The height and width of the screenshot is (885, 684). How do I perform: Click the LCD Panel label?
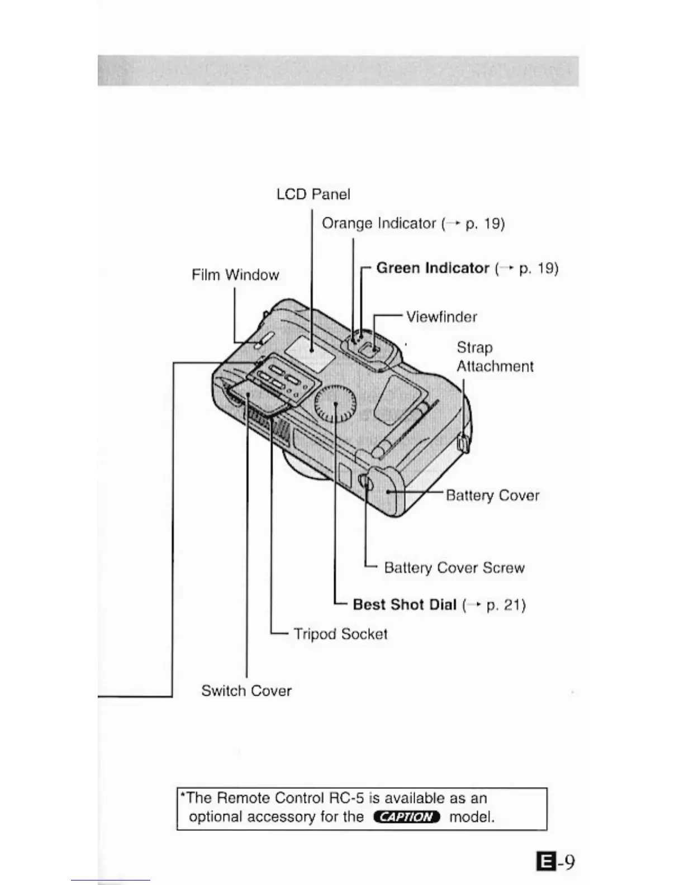point(313,194)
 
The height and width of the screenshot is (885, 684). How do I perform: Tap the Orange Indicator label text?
point(378,223)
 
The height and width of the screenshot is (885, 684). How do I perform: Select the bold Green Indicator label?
point(433,268)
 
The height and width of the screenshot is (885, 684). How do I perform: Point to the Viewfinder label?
point(441,317)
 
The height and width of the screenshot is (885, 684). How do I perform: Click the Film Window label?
point(235,275)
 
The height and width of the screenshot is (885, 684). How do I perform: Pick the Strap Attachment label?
point(495,357)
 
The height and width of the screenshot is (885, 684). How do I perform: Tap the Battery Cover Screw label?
point(454,568)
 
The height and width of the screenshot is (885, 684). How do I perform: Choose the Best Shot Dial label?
point(405,605)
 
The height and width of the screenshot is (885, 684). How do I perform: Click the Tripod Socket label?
point(340,634)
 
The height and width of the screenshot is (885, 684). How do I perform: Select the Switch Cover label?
point(246,691)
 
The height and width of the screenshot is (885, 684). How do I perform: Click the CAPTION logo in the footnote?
point(406,817)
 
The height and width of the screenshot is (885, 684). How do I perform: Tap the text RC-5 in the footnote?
point(346,798)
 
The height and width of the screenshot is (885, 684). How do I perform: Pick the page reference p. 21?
point(505,605)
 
